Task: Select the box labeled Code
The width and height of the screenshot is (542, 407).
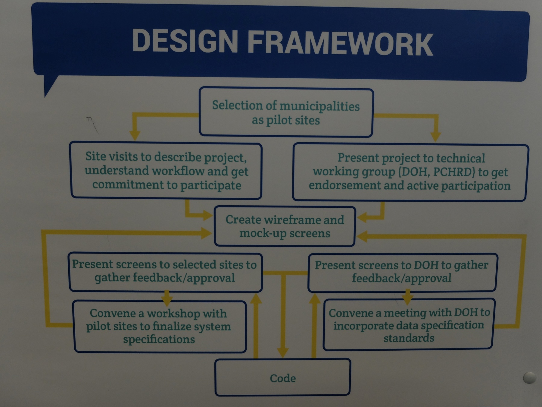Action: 283,377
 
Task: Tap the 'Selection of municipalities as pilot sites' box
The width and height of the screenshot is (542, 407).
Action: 286,112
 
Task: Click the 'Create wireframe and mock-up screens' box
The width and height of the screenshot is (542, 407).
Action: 285,226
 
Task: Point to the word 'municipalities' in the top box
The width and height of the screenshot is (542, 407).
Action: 319,106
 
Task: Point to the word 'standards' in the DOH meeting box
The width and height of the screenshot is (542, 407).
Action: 409,338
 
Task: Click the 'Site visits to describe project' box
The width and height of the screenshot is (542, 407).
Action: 166,171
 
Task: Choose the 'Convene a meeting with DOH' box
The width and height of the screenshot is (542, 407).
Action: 409,324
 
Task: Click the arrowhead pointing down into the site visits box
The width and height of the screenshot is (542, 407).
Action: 135,135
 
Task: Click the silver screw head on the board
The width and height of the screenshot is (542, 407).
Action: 530,377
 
